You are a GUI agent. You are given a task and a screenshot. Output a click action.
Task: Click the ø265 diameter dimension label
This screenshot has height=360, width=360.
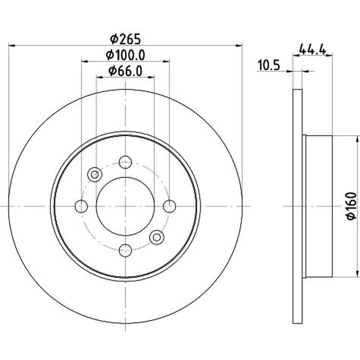[125, 39]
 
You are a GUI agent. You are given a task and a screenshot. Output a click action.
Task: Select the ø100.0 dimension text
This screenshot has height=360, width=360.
[126, 55]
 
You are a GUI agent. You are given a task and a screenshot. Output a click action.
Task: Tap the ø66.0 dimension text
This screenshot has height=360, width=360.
[126, 71]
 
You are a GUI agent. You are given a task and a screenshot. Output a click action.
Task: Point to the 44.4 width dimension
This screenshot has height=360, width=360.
[312, 49]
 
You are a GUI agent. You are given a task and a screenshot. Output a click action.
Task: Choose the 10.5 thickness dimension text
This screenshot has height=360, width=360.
[269, 65]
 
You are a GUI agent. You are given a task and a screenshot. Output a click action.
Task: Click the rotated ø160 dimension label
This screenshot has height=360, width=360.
[351, 206]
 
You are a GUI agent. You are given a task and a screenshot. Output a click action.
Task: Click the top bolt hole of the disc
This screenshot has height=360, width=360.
[126, 162]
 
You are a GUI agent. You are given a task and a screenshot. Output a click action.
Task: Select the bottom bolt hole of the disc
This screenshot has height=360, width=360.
[126, 250]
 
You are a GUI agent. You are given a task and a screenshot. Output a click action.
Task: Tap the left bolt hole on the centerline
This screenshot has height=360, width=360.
[81, 206]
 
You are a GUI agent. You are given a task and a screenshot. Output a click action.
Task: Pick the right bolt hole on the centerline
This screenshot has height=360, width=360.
[170, 206]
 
